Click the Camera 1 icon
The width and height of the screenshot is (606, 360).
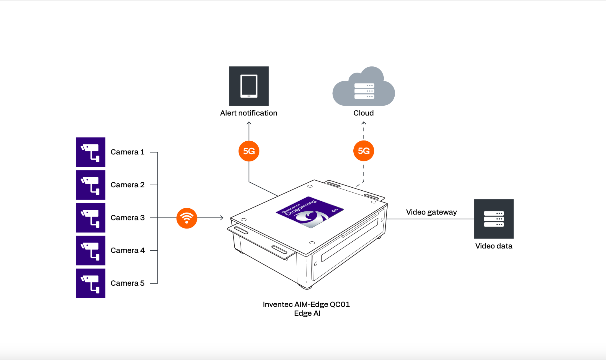pos(91,152)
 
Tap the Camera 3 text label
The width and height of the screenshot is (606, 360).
pos(128,218)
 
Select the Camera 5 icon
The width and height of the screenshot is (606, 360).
pos(91,283)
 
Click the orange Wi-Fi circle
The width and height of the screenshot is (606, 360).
pos(187,218)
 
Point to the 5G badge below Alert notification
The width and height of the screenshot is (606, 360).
pos(249,151)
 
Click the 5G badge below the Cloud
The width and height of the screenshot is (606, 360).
pos(364,151)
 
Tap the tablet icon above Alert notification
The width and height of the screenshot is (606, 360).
pos(249,86)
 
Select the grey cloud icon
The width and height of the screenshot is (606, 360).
pos(364,87)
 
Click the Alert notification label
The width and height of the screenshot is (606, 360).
pos(249,113)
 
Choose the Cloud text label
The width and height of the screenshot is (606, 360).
pos(364,113)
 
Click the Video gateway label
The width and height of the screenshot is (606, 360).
pos(431,212)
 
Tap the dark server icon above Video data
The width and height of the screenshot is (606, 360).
pos(494,219)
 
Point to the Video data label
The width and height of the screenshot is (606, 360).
pos(494,246)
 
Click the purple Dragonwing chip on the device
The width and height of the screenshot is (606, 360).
pos(310,212)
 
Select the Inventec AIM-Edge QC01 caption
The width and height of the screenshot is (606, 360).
pos(306,305)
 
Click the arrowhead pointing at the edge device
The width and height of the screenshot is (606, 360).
pos(222,218)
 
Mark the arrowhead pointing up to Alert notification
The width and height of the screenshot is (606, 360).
pos(249,123)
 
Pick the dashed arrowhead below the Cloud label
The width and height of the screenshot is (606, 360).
pos(364,123)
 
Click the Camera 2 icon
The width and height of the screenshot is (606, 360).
pos(91,185)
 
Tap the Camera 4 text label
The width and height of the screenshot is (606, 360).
pos(128,251)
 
